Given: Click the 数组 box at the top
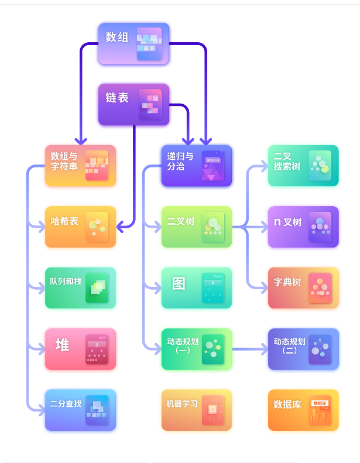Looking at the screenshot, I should [x=133, y=43].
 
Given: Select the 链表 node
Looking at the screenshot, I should [x=133, y=104].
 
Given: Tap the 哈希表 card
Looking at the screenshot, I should [x=80, y=227].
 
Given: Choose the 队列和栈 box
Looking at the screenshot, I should [x=80, y=287].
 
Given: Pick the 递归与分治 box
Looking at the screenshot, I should [x=196, y=166].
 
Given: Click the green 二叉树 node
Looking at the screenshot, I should [x=196, y=227].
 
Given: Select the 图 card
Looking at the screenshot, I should [x=196, y=287].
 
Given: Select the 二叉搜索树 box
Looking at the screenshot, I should [x=303, y=166].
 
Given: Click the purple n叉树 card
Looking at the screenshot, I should [x=303, y=227].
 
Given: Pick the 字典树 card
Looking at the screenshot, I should [x=303, y=287].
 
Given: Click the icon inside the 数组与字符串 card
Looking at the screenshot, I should [x=97, y=166].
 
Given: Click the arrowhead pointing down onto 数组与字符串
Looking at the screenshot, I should [x=81, y=141].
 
